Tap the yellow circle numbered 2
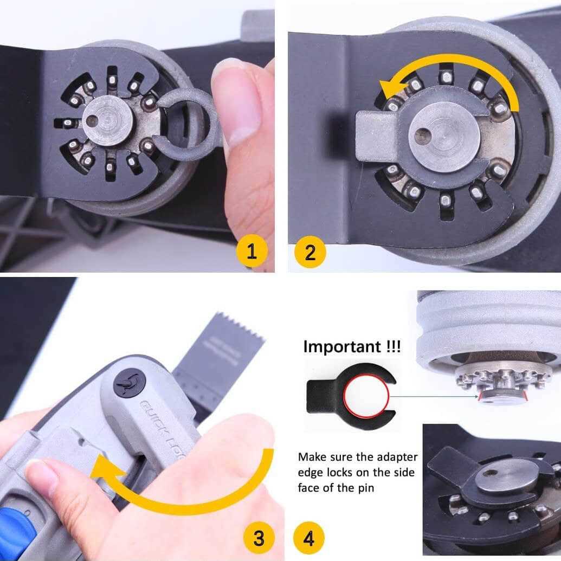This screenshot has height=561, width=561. point(310,252)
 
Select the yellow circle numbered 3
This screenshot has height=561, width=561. point(259,538)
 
